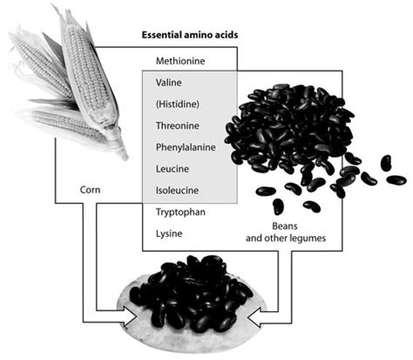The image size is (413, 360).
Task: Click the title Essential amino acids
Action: pyautogui.click(x=190, y=35)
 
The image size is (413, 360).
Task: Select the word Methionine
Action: pyautogui.click(x=180, y=61)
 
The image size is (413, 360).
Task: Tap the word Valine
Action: pyautogui.click(x=169, y=83)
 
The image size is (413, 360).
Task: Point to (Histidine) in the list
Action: pyautogui.click(x=178, y=104)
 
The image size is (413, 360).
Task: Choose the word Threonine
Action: pyautogui.click(x=178, y=126)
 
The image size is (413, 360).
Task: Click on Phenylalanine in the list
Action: pyautogui.click(x=186, y=147)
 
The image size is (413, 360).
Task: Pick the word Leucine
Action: pyautogui.click(x=173, y=169)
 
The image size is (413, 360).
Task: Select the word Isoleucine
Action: pyautogui.click(x=177, y=190)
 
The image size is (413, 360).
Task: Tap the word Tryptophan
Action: pyautogui.click(x=180, y=212)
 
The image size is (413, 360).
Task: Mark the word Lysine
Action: pyautogui.click(x=169, y=234)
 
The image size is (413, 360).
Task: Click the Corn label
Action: pyautogui.click(x=90, y=190)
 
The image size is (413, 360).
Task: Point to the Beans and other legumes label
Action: pyautogui.click(x=286, y=232)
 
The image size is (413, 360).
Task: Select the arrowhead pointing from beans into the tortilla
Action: pyautogui.click(x=255, y=318)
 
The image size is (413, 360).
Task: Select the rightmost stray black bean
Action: pyautogui.click(x=396, y=180)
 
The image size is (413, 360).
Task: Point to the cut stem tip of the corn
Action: pyautogui.click(x=124, y=155)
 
